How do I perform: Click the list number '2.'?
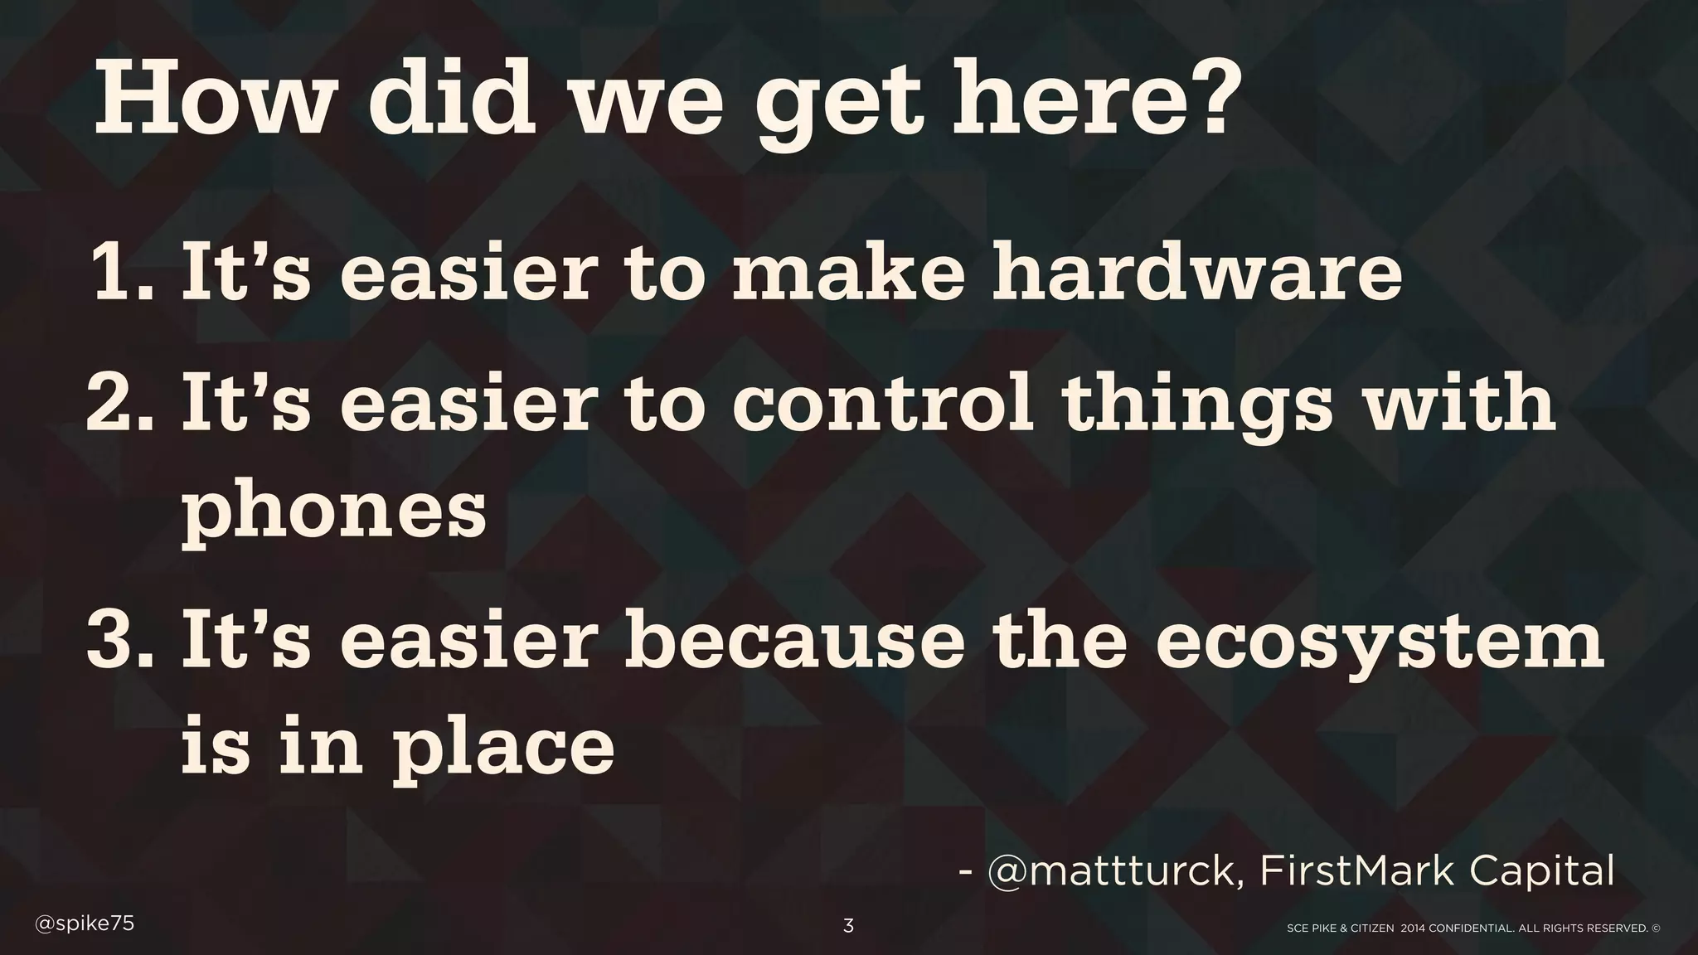[x=121, y=401]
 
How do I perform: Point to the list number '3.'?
[x=121, y=638]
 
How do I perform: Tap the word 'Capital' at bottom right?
[x=1542, y=872]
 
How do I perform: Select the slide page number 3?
[x=848, y=927]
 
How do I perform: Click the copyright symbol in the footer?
[x=1656, y=928]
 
